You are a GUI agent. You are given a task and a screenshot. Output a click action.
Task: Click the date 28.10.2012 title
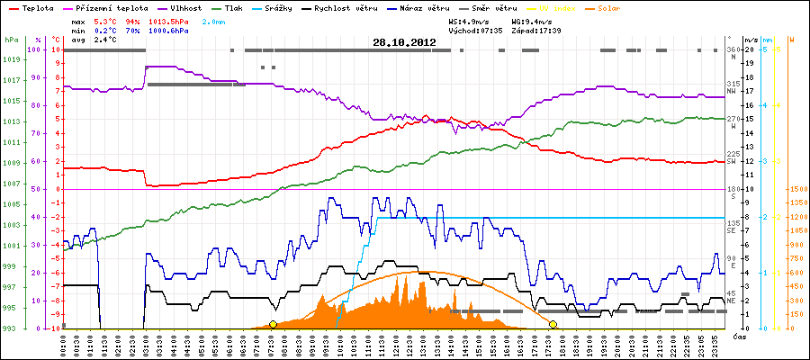[404, 42]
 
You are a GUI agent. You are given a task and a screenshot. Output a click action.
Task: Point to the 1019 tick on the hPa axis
[11, 59]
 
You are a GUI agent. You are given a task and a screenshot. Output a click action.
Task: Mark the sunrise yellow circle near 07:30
[273, 324]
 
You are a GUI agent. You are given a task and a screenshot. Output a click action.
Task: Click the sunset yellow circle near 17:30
[553, 324]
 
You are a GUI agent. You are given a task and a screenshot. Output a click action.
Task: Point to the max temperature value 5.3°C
[106, 19]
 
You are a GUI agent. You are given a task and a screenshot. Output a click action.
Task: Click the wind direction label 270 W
[733, 122]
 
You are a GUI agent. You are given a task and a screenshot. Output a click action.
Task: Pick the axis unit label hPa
[11, 40]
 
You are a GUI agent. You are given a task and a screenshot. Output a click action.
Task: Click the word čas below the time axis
[738, 336]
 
